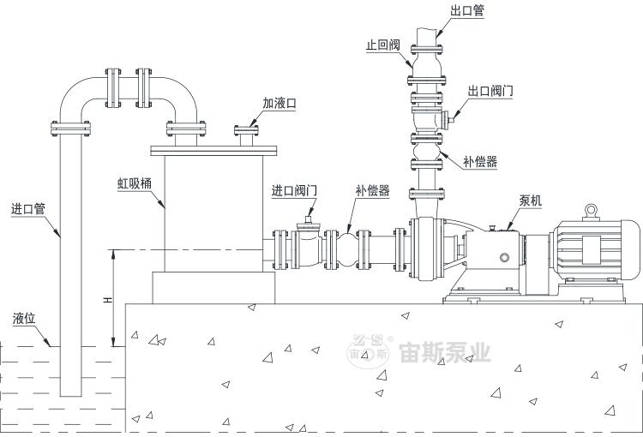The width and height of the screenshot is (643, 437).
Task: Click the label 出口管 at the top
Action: click(x=466, y=10)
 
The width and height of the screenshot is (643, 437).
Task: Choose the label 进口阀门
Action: click(x=294, y=191)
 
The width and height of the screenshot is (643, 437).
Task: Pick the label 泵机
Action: click(x=531, y=200)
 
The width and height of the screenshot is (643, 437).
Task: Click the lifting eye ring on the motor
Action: click(x=591, y=209)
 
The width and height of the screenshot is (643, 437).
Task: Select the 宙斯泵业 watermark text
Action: click(x=446, y=351)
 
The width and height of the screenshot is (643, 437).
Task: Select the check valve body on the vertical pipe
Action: click(x=426, y=63)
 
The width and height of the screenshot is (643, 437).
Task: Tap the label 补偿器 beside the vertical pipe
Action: click(x=480, y=160)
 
